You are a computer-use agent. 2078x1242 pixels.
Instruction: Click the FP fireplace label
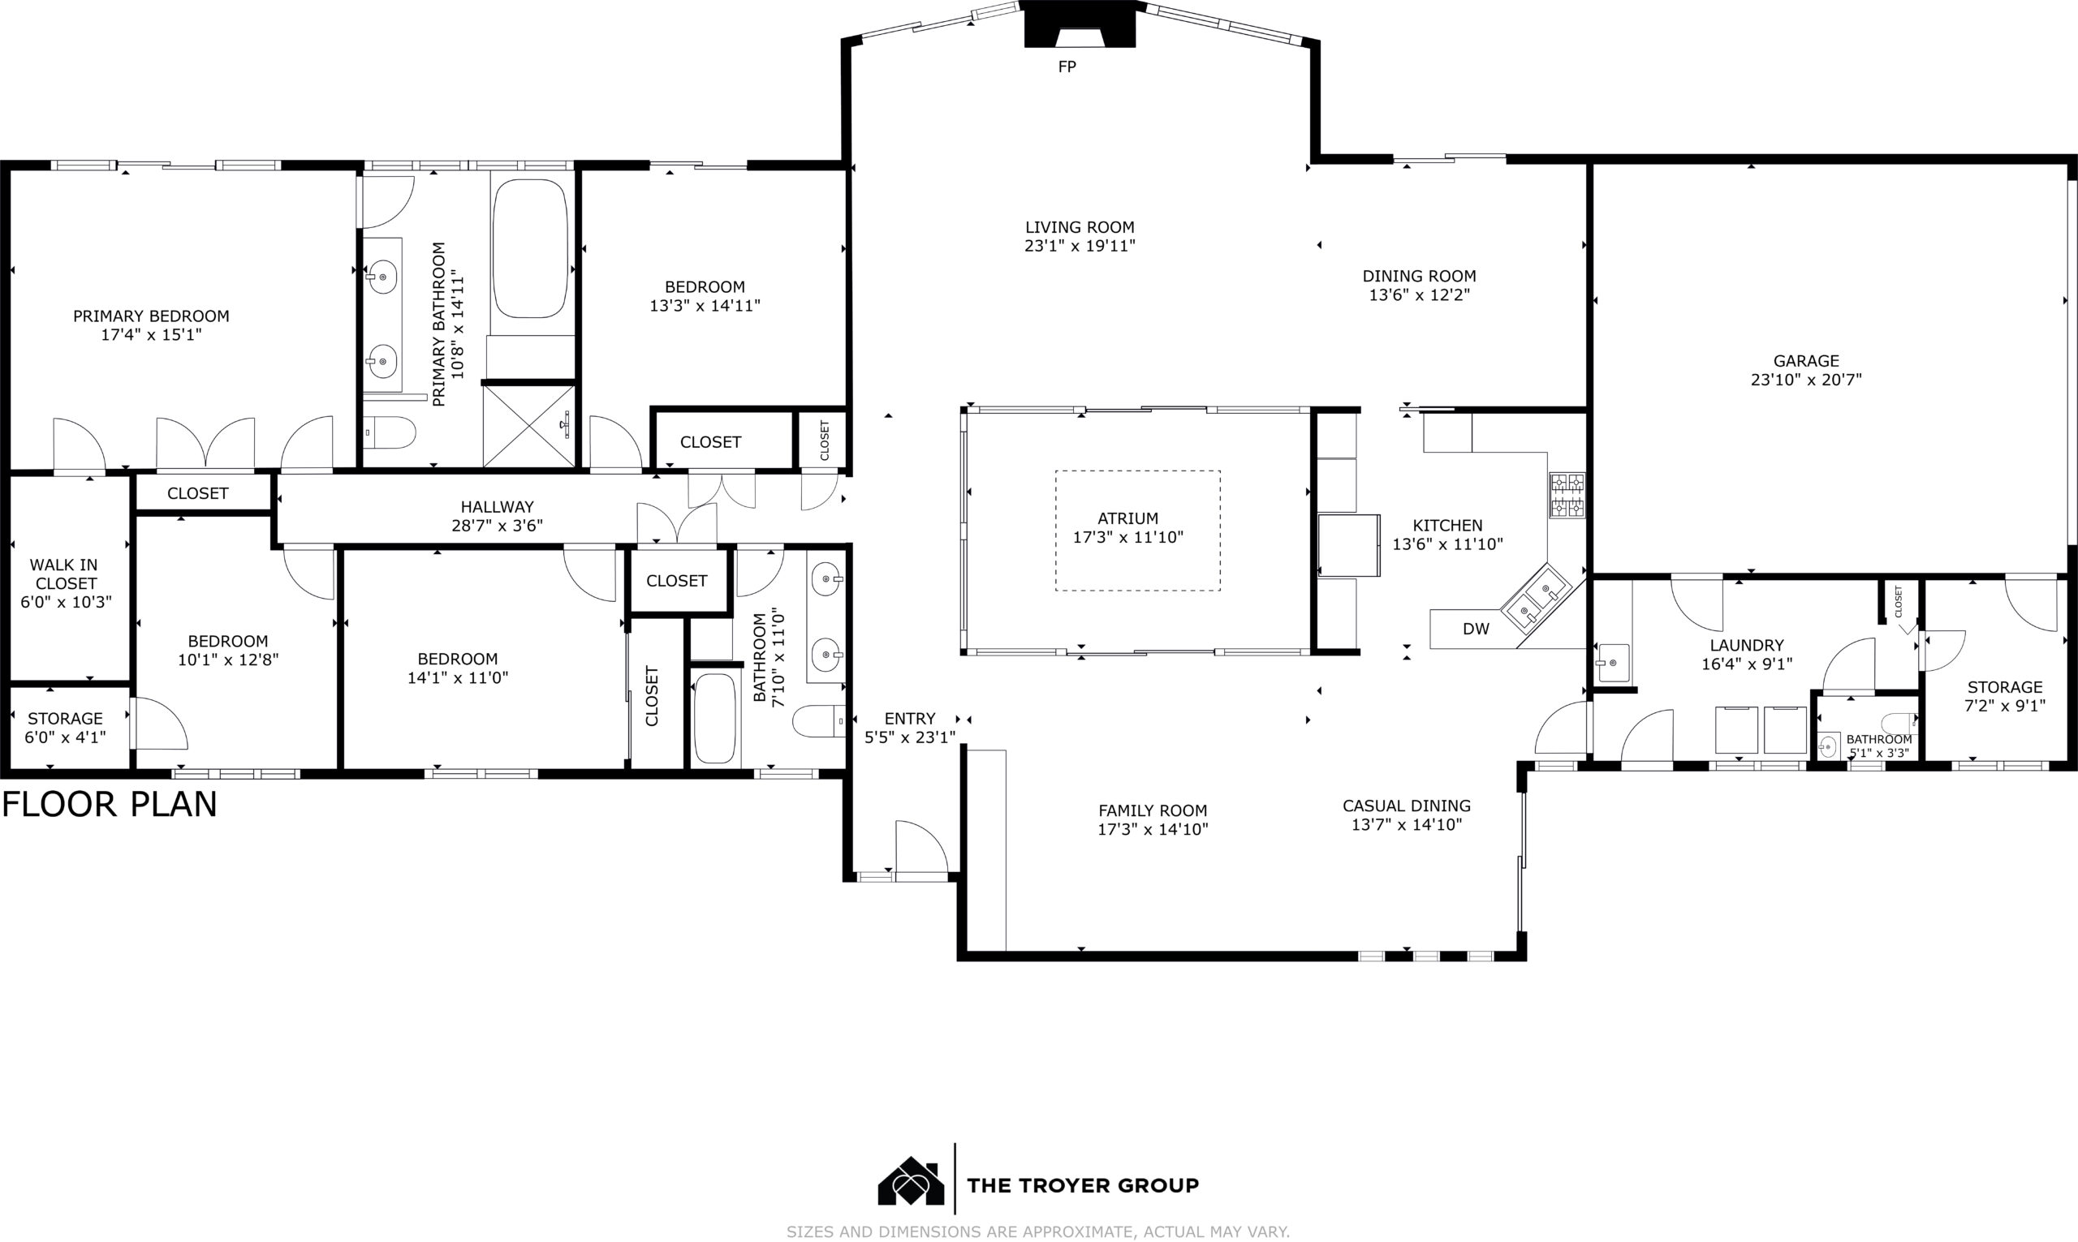point(1067,67)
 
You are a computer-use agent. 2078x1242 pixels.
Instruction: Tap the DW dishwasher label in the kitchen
point(1476,629)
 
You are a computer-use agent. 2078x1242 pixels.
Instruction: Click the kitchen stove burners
point(1567,496)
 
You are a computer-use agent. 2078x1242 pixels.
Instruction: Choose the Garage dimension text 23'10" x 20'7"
point(1806,380)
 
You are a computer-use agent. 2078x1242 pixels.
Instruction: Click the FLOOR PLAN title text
point(110,804)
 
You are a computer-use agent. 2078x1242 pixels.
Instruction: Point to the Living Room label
point(1080,227)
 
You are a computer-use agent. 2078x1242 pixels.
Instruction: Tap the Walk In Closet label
point(65,574)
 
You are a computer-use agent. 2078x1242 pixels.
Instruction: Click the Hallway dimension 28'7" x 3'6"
point(498,526)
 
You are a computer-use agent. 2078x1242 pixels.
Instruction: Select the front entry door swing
point(921,848)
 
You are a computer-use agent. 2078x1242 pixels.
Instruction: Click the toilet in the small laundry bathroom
point(1899,721)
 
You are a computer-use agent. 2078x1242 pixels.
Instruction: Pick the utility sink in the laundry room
point(1614,663)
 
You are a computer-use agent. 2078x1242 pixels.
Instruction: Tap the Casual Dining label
point(1407,806)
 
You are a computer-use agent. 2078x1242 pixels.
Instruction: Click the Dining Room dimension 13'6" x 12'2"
point(1420,294)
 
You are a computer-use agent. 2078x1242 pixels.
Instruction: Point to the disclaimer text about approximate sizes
point(1038,1231)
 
